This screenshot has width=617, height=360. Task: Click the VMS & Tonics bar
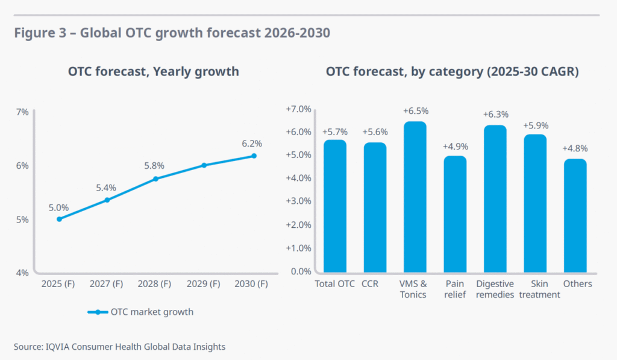(415, 197)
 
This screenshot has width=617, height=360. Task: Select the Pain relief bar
(455, 213)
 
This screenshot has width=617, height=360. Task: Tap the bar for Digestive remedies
(495, 198)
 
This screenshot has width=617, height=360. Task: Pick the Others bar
(575, 215)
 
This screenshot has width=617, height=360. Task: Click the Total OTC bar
(335, 206)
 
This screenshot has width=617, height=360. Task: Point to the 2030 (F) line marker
(254, 156)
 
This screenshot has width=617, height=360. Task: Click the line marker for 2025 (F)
(59, 219)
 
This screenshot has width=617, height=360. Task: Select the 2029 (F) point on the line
(204, 165)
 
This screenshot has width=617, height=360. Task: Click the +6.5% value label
(415, 111)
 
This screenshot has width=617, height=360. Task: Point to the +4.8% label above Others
(575, 148)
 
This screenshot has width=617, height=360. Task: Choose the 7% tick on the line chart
(22, 112)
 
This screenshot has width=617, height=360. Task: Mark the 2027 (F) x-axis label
(107, 283)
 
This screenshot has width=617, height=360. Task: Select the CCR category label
(370, 283)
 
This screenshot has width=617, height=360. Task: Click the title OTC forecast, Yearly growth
(153, 72)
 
